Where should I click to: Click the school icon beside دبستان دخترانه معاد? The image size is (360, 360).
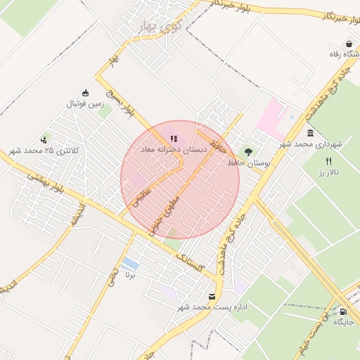[x=174, y=139]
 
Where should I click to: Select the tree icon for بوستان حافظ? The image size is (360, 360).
[x=247, y=151]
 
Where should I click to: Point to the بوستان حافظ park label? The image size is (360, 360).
[x=250, y=162]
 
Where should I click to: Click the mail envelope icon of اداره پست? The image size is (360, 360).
[x=212, y=296]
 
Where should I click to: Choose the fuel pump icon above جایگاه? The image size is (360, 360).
[x=343, y=311]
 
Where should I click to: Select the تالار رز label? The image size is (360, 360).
[x=328, y=172]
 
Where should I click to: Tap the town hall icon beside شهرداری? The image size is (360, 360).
[x=310, y=134]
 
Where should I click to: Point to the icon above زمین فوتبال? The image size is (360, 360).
[x=86, y=93]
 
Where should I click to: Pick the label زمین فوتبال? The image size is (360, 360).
[x=85, y=104]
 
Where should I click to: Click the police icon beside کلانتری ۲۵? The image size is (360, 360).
[x=44, y=140]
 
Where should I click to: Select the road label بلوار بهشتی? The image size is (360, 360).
[x=44, y=184]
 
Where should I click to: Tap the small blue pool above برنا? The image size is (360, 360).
[x=130, y=264]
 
